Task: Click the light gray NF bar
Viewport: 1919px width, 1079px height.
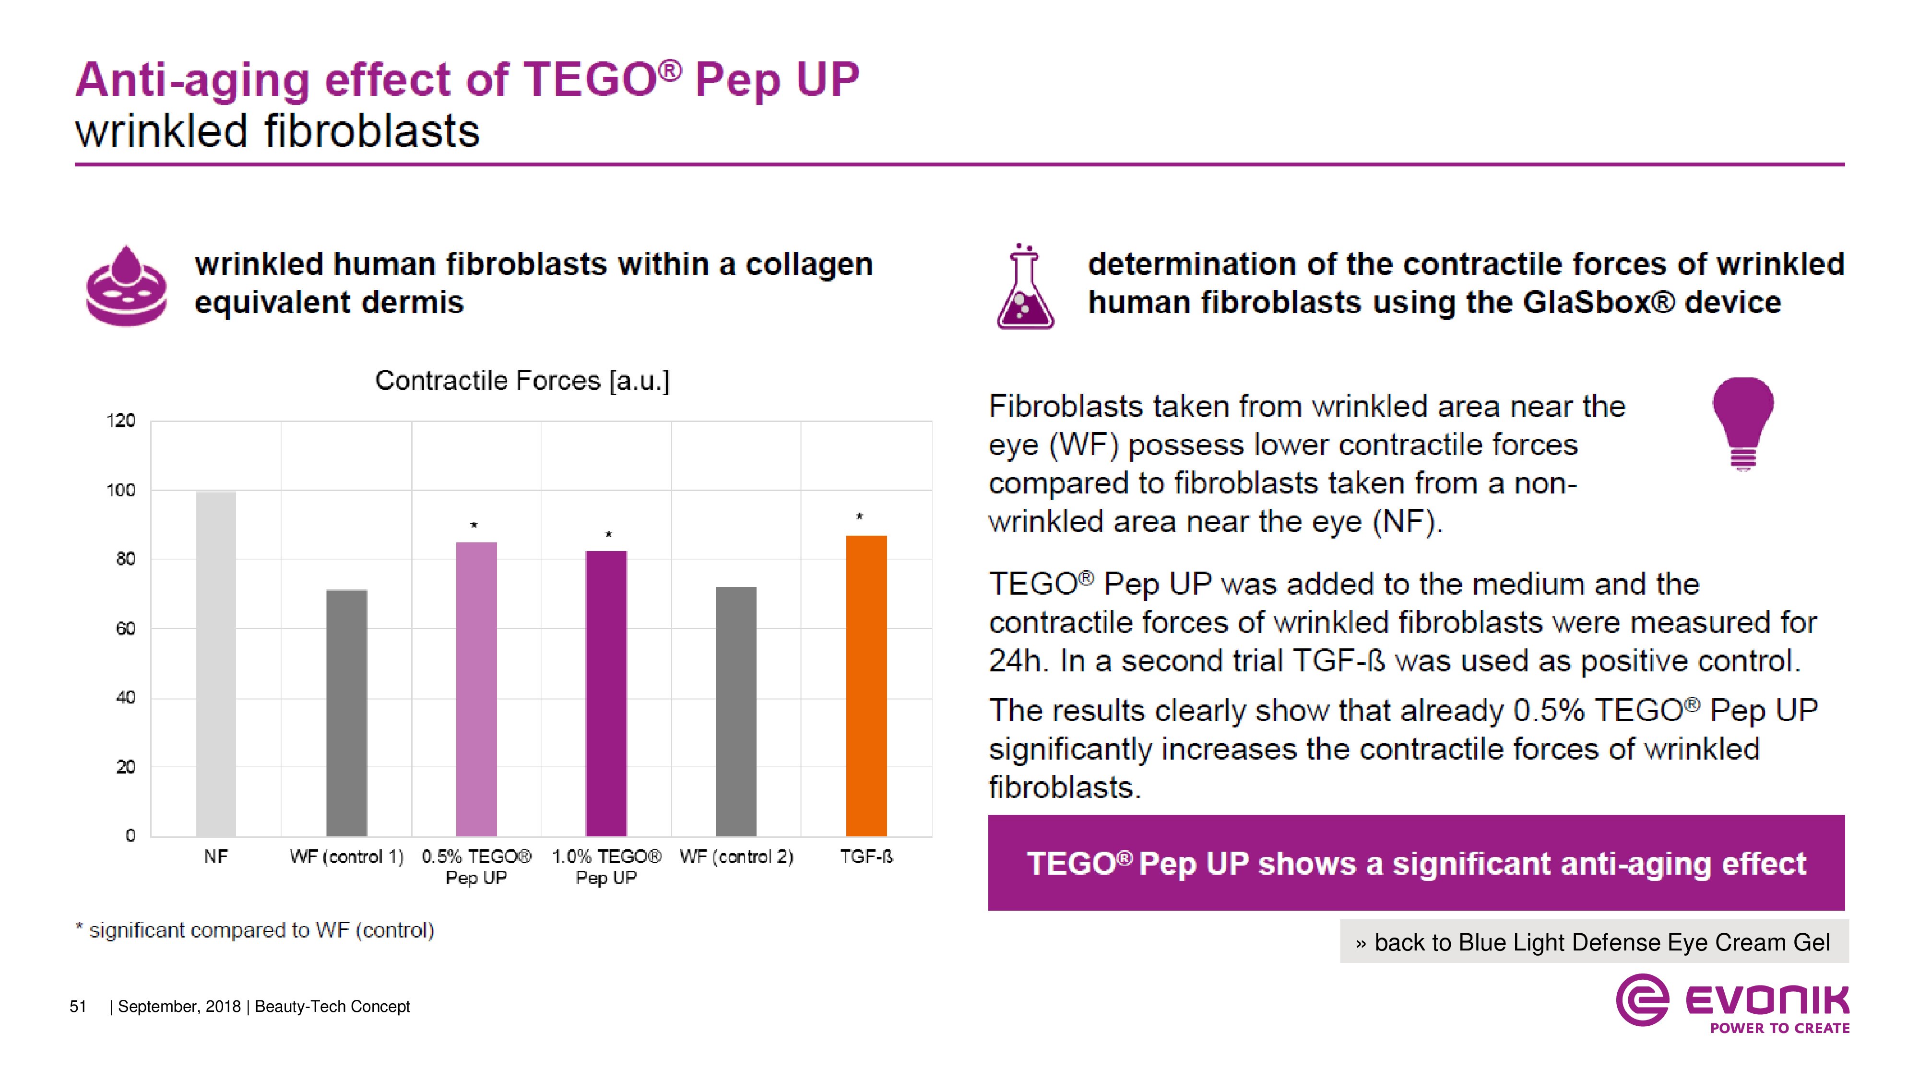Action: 216,663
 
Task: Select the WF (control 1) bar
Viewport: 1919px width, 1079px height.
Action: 346,712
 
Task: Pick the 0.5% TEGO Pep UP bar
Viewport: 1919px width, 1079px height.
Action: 476,688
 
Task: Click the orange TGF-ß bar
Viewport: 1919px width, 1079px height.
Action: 866,685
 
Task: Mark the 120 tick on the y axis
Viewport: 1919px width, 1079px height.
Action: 121,421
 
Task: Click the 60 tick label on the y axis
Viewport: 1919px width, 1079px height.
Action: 125,629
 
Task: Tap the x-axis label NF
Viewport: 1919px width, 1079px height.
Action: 216,857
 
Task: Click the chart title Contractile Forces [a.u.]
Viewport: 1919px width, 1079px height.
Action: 522,380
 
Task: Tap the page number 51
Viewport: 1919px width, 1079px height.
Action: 78,1007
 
